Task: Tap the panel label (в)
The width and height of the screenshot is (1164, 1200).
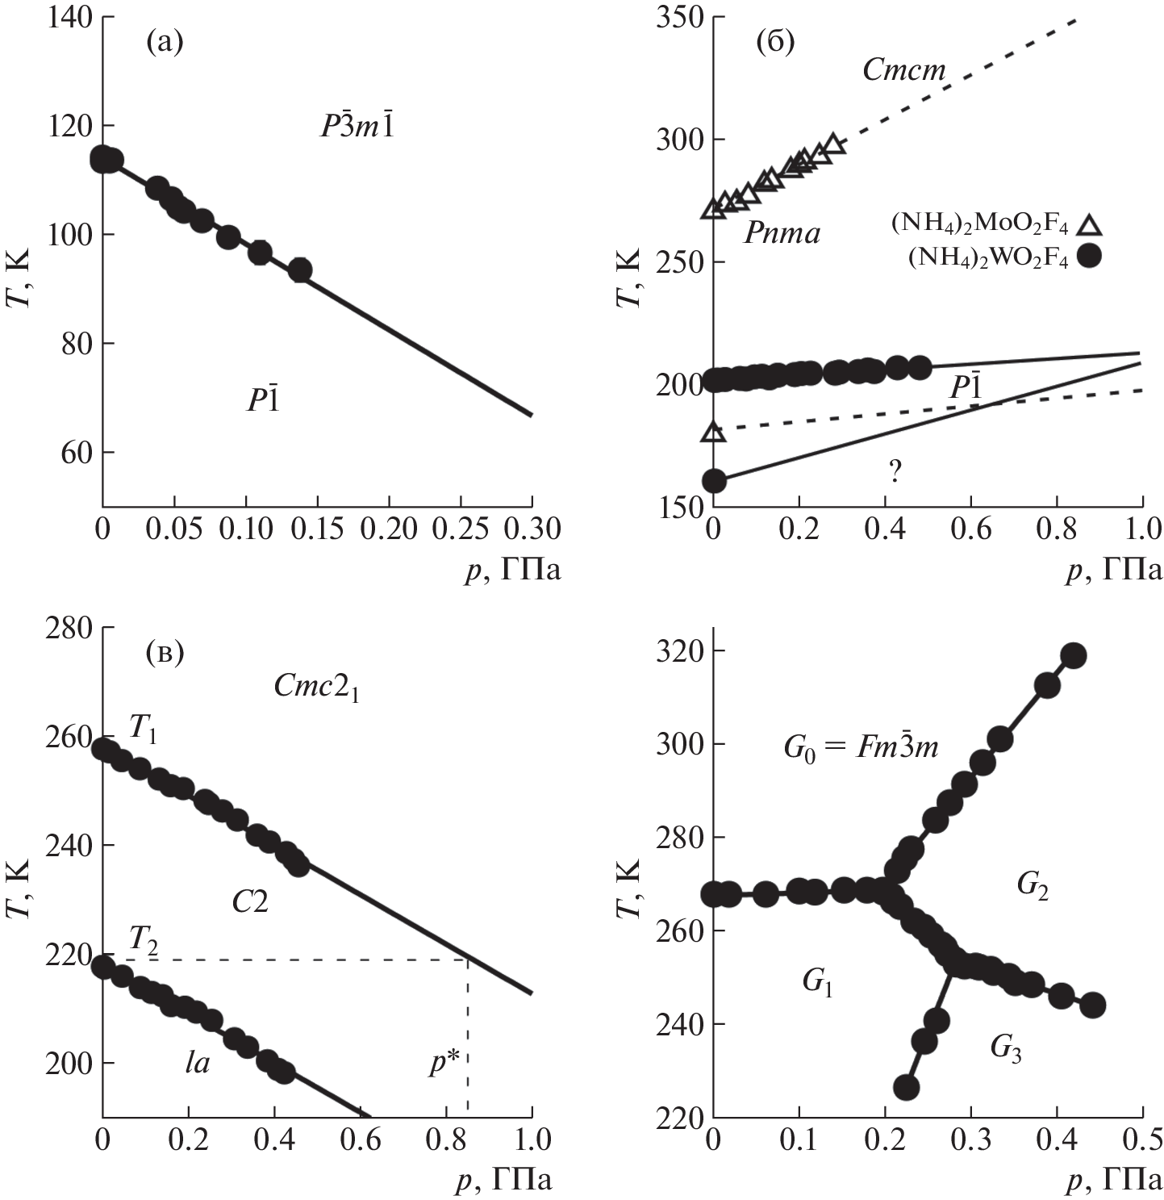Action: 165,651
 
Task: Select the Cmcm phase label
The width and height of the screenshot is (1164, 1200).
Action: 903,70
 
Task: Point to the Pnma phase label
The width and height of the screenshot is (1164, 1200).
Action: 782,234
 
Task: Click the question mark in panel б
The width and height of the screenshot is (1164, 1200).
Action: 894,472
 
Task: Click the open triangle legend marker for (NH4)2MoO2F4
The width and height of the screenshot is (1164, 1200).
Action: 1090,224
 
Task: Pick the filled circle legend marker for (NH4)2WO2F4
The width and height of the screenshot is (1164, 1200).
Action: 1090,257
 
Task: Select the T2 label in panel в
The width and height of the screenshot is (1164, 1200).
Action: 143,940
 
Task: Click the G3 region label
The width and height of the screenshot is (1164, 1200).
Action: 1006,1049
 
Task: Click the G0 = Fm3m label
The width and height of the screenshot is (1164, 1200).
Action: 861,747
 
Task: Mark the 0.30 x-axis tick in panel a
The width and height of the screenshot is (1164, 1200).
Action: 531,529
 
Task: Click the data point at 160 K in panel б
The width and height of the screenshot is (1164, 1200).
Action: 714,481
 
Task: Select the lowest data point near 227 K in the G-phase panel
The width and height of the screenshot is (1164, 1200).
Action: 906,1088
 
